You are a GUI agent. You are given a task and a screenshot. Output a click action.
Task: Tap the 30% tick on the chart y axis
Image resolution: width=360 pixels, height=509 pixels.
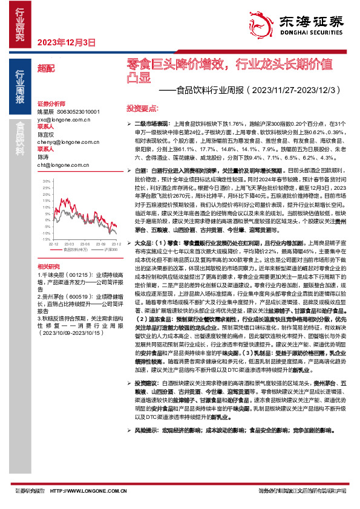click(x=45, y=181)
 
